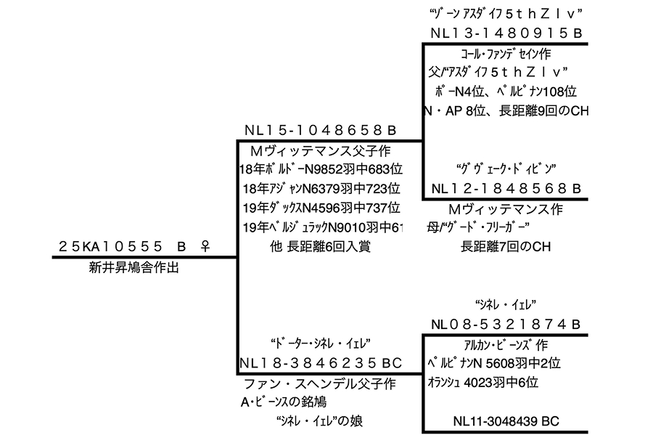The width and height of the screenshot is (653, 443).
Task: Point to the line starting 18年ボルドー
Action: tap(320, 169)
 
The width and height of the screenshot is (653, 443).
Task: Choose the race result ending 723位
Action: tap(320, 189)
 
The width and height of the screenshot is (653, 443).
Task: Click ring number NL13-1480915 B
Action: tap(506, 33)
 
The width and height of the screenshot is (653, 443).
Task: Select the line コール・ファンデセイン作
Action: tap(506, 53)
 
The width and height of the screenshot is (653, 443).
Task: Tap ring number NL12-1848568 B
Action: tap(506, 189)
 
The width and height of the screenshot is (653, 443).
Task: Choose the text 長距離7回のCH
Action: tap(506, 247)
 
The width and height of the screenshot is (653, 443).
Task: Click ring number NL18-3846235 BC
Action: tap(320, 362)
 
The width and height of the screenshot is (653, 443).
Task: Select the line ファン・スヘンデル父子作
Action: tap(319, 382)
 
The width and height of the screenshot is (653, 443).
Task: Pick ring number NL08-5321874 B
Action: tap(506, 324)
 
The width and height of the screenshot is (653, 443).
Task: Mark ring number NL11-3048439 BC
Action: tap(506, 420)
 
